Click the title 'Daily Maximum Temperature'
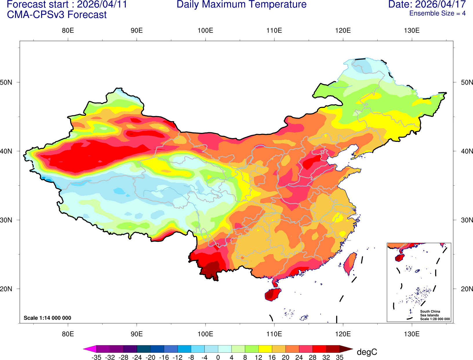[x=241, y=5]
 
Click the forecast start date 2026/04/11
[x=102, y=5]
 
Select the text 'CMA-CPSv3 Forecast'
[x=57, y=15]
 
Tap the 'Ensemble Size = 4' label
[x=437, y=13]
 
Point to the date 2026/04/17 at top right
[x=441, y=5]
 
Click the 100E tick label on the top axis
[x=205, y=31]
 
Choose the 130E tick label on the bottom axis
[x=412, y=334]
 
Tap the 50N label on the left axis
[x=6, y=82]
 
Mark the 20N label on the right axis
[x=467, y=289]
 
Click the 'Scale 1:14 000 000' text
[x=47, y=318]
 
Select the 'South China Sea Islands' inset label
[x=430, y=313]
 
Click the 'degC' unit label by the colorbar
[x=367, y=352]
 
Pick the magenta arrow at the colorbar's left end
[x=90, y=349]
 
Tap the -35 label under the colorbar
[x=96, y=358]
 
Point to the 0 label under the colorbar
[x=218, y=358]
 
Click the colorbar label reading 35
[x=340, y=358]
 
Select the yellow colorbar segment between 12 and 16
[x=265, y=349]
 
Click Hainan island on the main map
[x=272, y=294]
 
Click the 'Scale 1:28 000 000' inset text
[x=435, y=319]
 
